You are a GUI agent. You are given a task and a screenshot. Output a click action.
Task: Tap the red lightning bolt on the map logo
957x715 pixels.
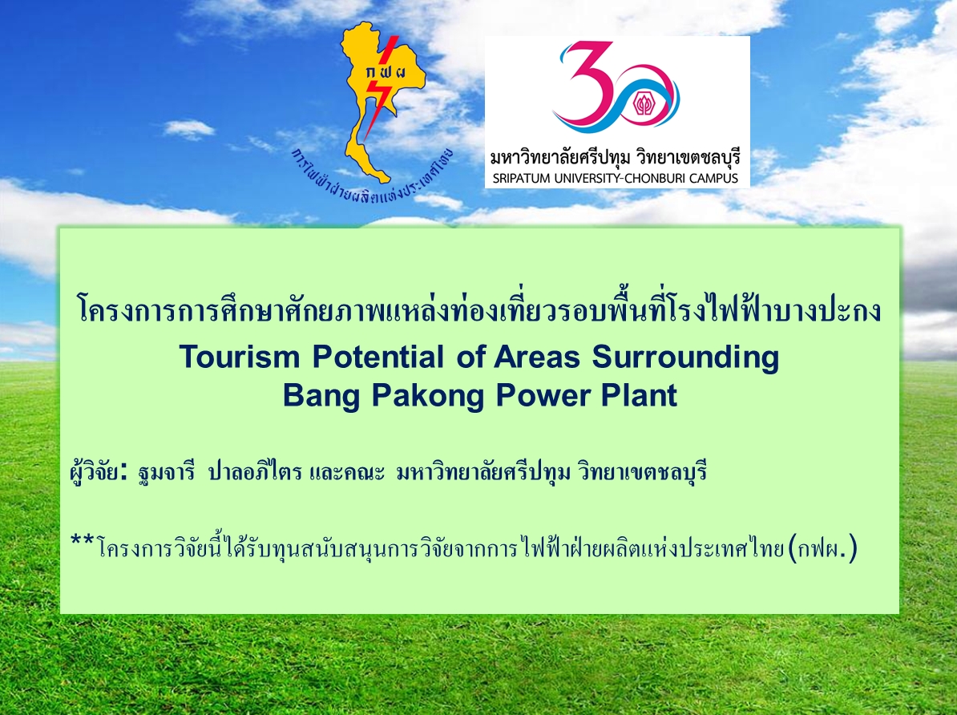coord(381,88)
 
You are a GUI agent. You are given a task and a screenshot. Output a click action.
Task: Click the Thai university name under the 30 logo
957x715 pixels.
coord(616,157)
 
